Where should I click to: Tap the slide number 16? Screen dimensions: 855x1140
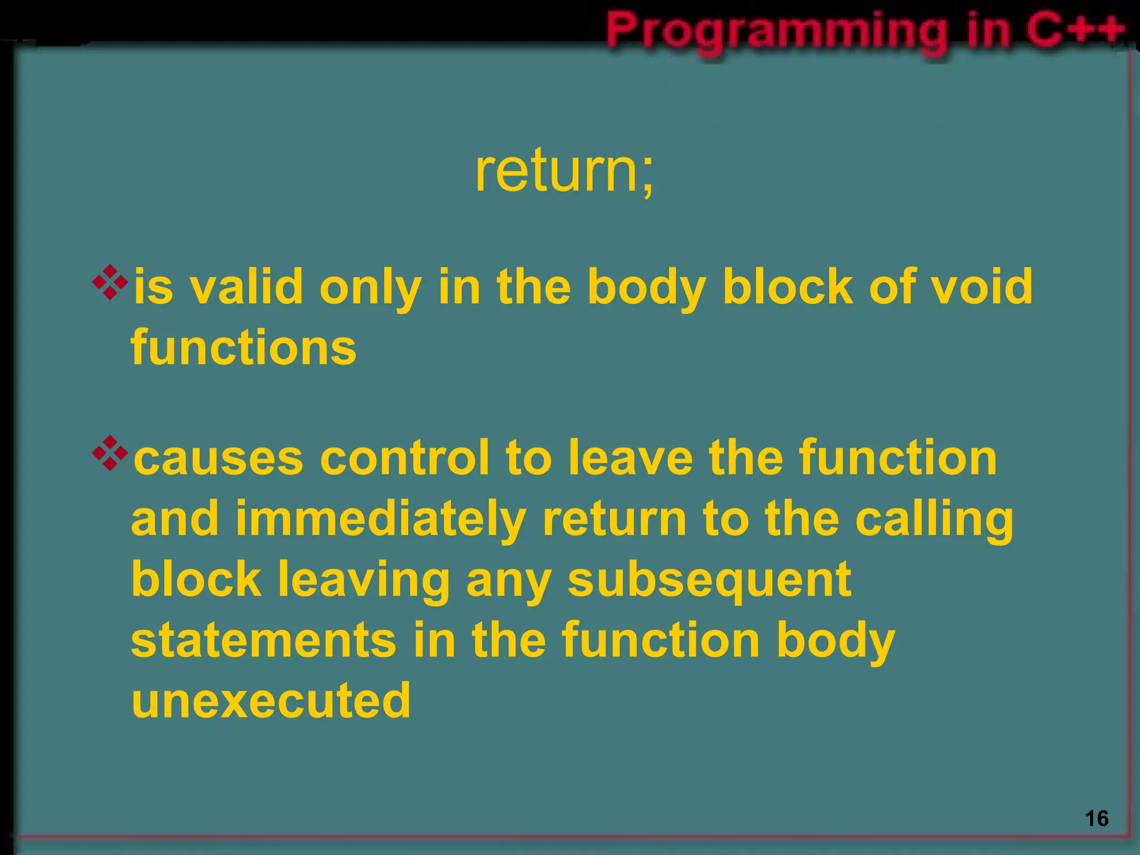pos(1097,819)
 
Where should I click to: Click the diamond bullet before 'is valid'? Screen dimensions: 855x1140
pos(110,282)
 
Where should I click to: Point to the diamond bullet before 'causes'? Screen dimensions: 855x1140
pos(110,453)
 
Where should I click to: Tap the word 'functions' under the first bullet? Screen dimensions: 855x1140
pos(243,347)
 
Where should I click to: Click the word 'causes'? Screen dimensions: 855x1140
pos(219,459)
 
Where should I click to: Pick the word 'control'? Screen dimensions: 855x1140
pos(404,459)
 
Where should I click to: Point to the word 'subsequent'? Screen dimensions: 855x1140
pos(709,580)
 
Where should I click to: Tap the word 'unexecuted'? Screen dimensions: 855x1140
pos(271,700)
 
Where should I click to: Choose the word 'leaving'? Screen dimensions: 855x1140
pos(363,580)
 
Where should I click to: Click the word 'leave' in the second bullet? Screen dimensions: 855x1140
pos(630,459)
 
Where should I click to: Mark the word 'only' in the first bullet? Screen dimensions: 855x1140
pos(370,288)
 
